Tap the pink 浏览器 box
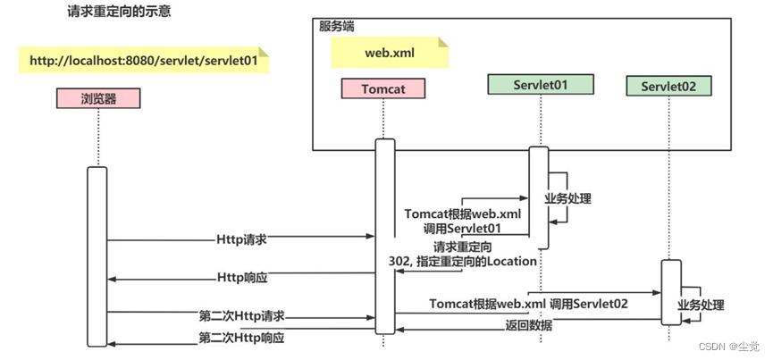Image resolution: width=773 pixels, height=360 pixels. (98, 99)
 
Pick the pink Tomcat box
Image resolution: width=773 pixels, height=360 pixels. (384, 88)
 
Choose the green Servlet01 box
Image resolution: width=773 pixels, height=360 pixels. (541, 85)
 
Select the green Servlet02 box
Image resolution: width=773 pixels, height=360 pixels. (668, 86)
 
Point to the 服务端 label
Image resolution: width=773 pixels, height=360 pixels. (337, 26)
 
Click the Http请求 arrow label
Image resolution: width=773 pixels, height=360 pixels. (241, 239)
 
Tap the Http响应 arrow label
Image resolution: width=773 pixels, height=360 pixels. (242, 278)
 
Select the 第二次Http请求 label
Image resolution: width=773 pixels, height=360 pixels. (241, 315)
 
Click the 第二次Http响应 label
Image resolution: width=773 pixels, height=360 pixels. (241, 337)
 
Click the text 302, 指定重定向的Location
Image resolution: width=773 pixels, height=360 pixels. (462, 261)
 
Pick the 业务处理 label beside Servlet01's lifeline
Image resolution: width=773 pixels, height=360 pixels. (567, 199)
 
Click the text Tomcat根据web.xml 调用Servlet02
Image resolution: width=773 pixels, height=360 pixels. (528, 304)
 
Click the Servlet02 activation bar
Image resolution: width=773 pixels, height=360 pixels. (670, 291)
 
